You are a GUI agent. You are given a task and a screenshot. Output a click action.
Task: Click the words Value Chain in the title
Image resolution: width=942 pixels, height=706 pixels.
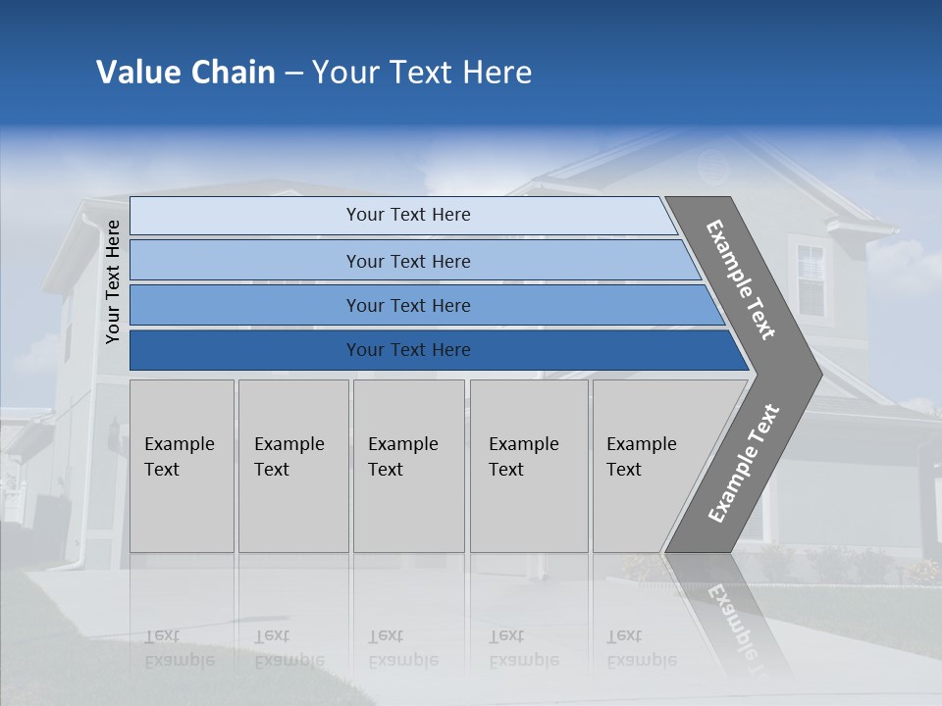tap(185, 73)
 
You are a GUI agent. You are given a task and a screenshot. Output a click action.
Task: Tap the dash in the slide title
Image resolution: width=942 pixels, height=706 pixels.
tap(293, 74)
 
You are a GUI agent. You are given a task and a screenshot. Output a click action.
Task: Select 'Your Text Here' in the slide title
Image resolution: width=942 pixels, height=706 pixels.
tap(422, 73)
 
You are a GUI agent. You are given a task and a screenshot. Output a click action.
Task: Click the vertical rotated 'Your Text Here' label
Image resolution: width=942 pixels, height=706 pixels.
tap(113, 282)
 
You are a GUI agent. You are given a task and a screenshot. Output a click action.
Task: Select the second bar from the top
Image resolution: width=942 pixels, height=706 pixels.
tap(407, 261)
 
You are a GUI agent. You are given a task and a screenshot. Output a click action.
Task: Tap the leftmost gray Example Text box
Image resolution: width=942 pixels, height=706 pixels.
tap(182, 466)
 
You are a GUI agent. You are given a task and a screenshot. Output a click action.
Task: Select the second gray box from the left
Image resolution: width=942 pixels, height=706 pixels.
tap(293, 466)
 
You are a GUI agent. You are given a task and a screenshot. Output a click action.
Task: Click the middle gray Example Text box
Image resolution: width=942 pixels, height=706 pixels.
tap(408, 466)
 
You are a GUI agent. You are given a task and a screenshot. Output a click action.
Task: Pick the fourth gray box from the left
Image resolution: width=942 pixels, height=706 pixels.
tap(528, 466)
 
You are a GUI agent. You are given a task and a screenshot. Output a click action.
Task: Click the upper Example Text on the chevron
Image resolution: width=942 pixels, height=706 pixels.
tap(741, 279)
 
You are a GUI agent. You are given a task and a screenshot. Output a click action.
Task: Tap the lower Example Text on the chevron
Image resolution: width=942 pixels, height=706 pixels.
tap(743, 464)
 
